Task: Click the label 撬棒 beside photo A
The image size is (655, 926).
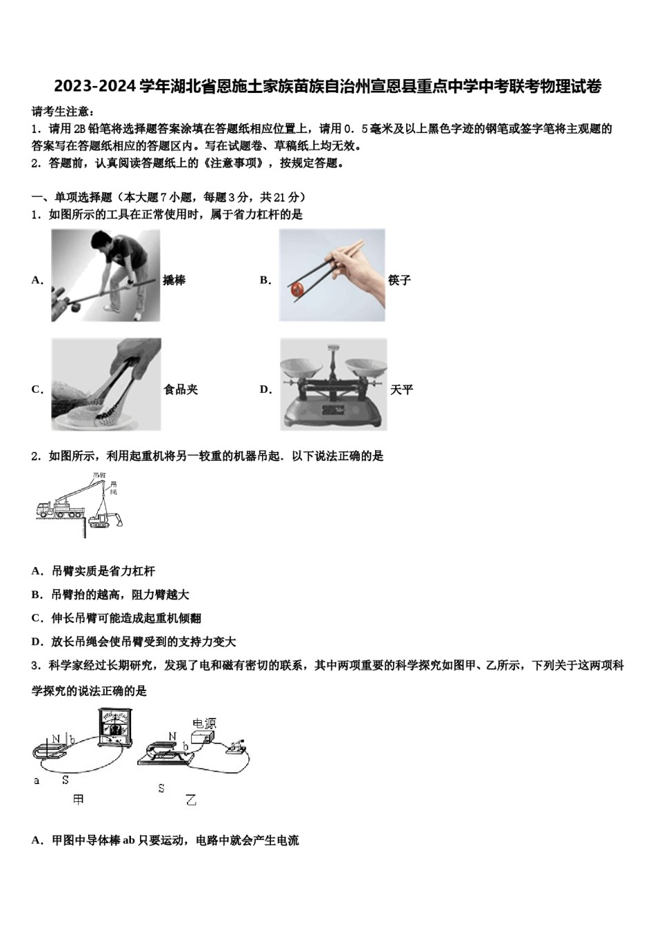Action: coord(174,280)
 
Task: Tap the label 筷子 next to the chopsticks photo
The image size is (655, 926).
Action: coord(399,280)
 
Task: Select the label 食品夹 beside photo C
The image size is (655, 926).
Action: coord(181,389)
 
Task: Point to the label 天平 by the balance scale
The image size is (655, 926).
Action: coord(401,389)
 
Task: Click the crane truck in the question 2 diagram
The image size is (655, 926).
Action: coord(59,509)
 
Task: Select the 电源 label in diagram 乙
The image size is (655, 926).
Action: coord(204,723)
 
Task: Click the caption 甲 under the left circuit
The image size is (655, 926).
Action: coord(79,799)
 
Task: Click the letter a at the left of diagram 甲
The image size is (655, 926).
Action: coord(37,781)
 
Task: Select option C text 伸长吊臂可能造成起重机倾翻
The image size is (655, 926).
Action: coord(126,618)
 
